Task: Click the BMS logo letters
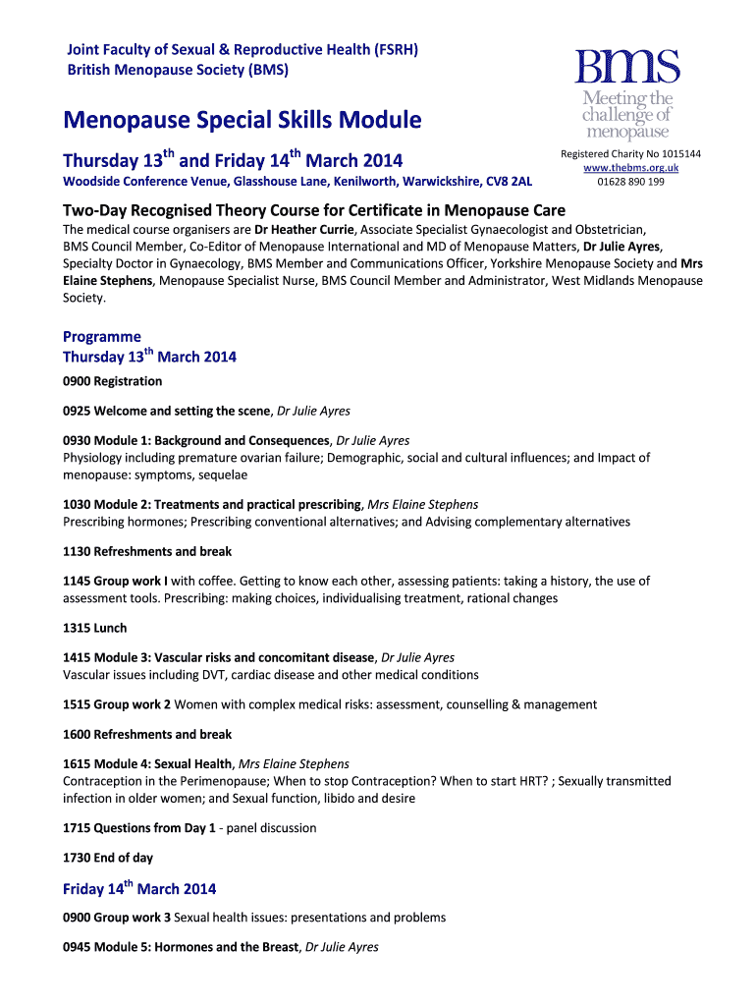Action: pyautogui.click(x=626, y=69)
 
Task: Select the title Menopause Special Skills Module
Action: pyautogui.click(x=243, y=121)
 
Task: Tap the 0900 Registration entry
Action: pyautogui.click(x=113, y=381)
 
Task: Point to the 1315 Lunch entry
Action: pyautogui.click(x=95, y=628)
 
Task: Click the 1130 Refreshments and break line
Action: pyautogui.click(x=147, y=551)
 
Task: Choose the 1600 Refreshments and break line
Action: pyautogui.click(x=147, y=734)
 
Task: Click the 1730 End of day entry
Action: pyautogui.click(x=108, y=858)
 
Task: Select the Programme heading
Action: pyautogui.click(x=102, y=336)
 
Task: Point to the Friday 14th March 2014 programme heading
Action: pyautogui.click(x=139, y=889)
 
